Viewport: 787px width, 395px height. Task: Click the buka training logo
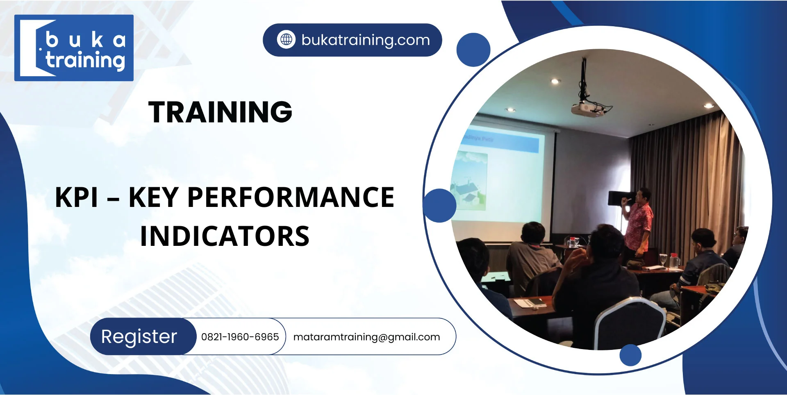tap(74, 48)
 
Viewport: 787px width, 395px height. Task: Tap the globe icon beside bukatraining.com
tap(286, 40)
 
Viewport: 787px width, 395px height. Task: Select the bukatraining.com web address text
tap(366, 40)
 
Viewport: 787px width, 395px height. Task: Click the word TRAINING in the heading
tap(220, 112)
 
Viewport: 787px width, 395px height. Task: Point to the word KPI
tap(77, 197)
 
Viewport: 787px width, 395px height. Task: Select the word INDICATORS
tap(225, 236)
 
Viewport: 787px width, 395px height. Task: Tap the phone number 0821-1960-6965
tap(240, 337)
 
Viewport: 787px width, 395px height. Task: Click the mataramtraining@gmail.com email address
tap(366, 337)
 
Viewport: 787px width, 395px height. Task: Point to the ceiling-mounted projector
tap(588, 107)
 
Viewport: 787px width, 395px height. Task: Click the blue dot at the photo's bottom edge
tap(630, 355)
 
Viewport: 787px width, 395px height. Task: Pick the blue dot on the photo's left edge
tap(439, 205)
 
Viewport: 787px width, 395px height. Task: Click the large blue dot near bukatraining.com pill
tap(473, 50)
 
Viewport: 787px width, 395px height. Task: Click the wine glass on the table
tap(663, 259)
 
